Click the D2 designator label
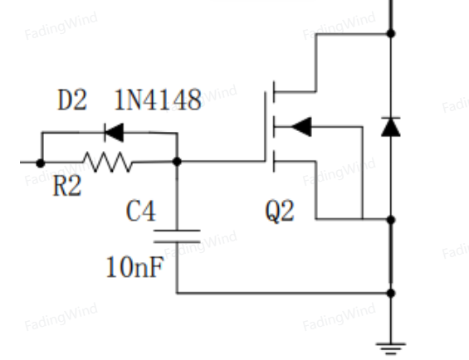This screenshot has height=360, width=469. coord(72,100)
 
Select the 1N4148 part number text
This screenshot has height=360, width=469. coord(158,100)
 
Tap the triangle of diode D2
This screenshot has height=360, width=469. coord(115,132)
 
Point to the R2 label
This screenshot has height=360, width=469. coord(67,186)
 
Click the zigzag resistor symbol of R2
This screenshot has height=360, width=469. coord(108,162)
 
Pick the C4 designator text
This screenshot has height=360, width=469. coord(141,211)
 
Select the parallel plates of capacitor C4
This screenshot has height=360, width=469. coord(177,236)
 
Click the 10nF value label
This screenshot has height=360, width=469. coord(135,267)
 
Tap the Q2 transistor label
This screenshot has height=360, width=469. coord(280,211)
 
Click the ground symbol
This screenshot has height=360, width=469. coord(391,348)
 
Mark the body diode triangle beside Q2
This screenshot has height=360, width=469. coord(391,128)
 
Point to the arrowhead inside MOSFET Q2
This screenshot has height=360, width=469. coord(301,127)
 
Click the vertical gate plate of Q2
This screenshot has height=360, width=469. coord(265,127)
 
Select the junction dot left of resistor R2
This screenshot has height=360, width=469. coord(41,163)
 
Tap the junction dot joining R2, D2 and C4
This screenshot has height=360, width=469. coord(177,162)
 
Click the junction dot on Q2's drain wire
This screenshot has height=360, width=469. coord(391,33)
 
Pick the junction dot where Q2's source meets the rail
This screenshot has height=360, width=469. coord(391,220)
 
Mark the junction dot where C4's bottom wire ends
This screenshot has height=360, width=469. coord(391,293)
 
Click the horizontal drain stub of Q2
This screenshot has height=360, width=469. coord(295,92)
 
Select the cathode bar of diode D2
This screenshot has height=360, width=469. coord(105,132)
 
